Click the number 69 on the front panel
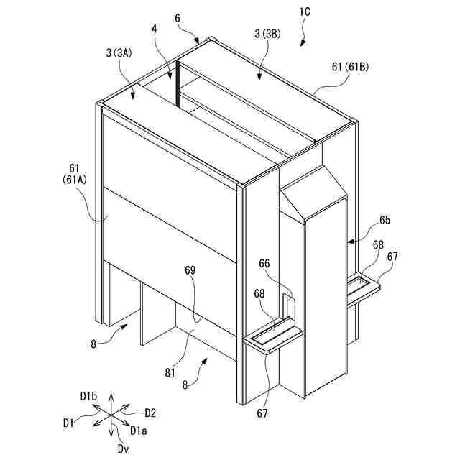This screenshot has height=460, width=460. (188, 271)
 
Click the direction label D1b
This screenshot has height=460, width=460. (89, 396)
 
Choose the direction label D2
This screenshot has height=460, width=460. (149, 413)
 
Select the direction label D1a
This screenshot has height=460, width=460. (139, 430)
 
